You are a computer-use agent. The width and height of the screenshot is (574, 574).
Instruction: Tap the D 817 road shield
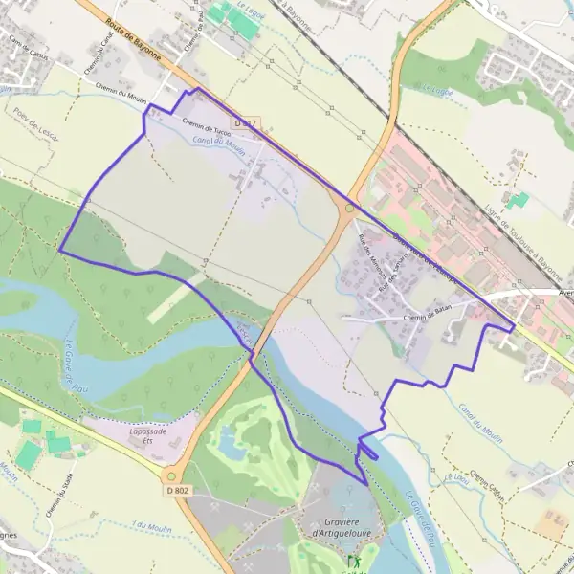(245, 122)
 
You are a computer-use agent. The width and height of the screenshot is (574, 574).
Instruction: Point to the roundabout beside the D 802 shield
(172, 475)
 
